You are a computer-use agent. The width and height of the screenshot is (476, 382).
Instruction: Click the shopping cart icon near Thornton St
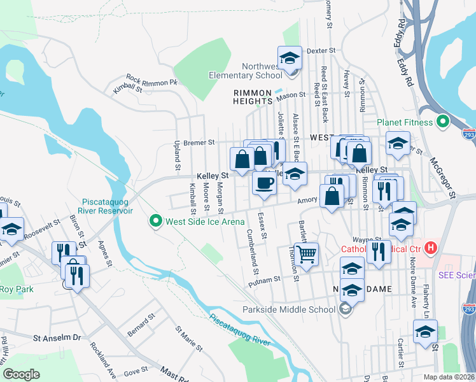[307, 255]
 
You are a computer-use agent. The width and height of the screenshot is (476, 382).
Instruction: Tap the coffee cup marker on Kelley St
[264, 183]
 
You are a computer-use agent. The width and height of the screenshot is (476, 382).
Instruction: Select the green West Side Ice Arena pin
[155, 222]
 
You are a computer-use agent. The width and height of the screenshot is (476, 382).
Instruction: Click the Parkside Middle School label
[289, 310]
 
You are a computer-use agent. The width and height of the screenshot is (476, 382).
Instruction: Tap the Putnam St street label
[268, 279]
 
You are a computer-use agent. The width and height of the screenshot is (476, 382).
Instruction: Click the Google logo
[21, 374]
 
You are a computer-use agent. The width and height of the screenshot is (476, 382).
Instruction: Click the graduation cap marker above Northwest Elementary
[290, 58]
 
